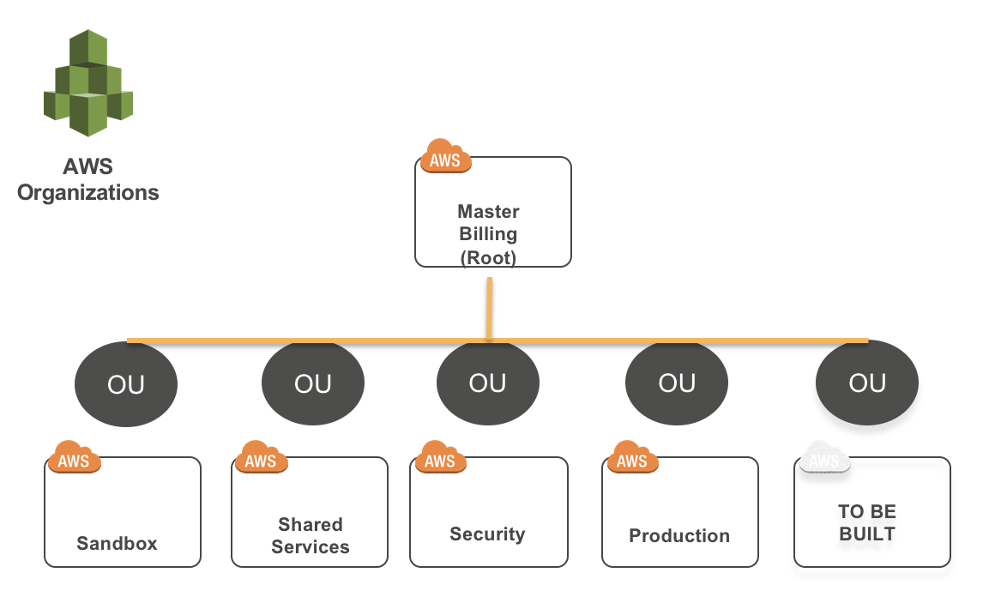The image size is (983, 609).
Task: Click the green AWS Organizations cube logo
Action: (88, 83)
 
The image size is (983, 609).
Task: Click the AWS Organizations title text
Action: (88, 179)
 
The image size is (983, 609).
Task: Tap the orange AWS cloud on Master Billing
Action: (445, 158)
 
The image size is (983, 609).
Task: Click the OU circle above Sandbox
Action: (126, 384)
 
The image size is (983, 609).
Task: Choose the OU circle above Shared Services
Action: (312, 384)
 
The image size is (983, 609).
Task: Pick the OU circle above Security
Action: (488, 383)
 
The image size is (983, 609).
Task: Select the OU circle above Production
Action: (677, 383)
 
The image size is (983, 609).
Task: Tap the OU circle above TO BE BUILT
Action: (866, 383)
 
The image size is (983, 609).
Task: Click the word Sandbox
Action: (118, 543)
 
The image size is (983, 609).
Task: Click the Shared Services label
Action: (311, 535)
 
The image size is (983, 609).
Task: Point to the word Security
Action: (487, 534)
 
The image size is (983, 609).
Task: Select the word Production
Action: (679, 535)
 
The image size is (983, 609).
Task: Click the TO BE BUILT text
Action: (867, 522)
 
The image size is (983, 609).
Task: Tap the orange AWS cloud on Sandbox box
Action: (75, 458)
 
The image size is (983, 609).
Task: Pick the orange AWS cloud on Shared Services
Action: (261, 458)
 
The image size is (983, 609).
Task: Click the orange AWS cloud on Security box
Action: (440, 458)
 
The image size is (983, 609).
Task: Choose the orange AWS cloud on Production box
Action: (632, 458)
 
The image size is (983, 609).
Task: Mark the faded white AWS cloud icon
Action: (824, 459)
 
